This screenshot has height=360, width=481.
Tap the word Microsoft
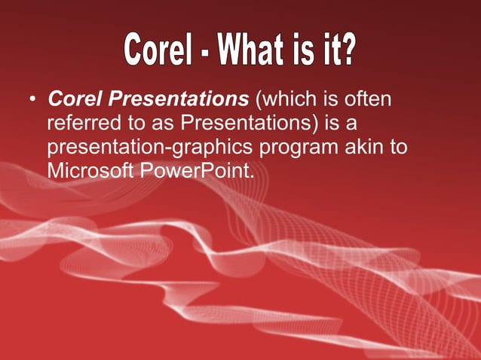click(91, 170)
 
